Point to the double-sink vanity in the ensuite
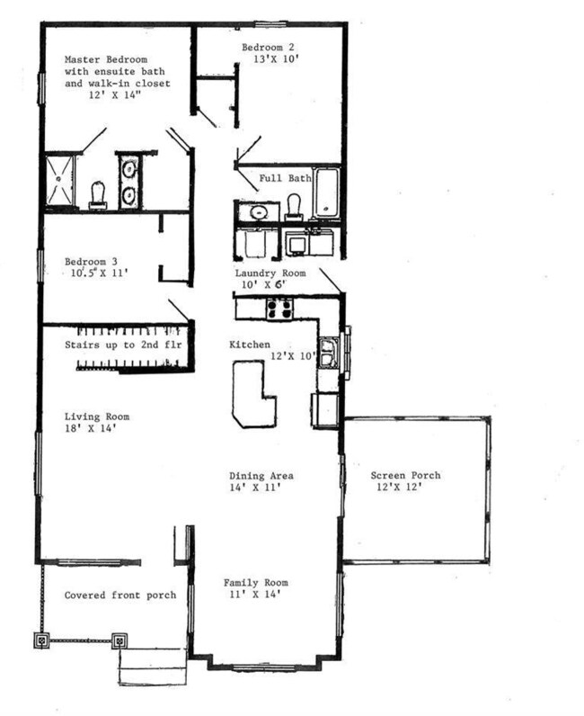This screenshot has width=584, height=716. point(128,181)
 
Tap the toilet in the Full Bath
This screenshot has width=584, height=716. point(294,206)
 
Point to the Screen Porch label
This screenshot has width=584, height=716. point(402,476)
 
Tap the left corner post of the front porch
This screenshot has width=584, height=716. point(41,640)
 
